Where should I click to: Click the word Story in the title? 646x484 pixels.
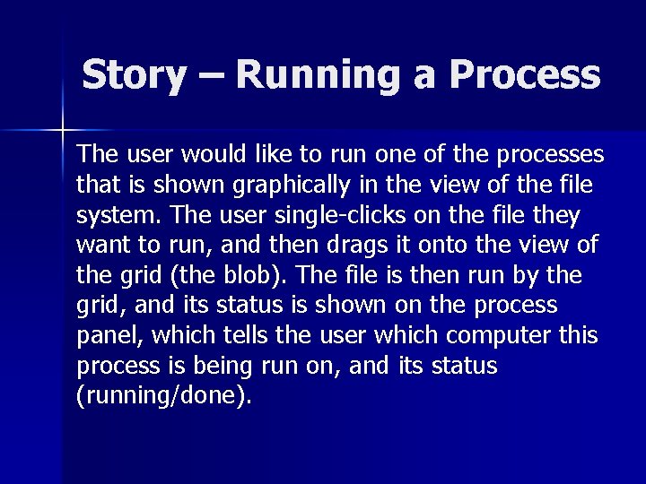pos(134,75)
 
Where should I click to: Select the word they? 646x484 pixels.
pos(557,215)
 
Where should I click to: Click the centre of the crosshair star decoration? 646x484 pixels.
pos(64,131)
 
